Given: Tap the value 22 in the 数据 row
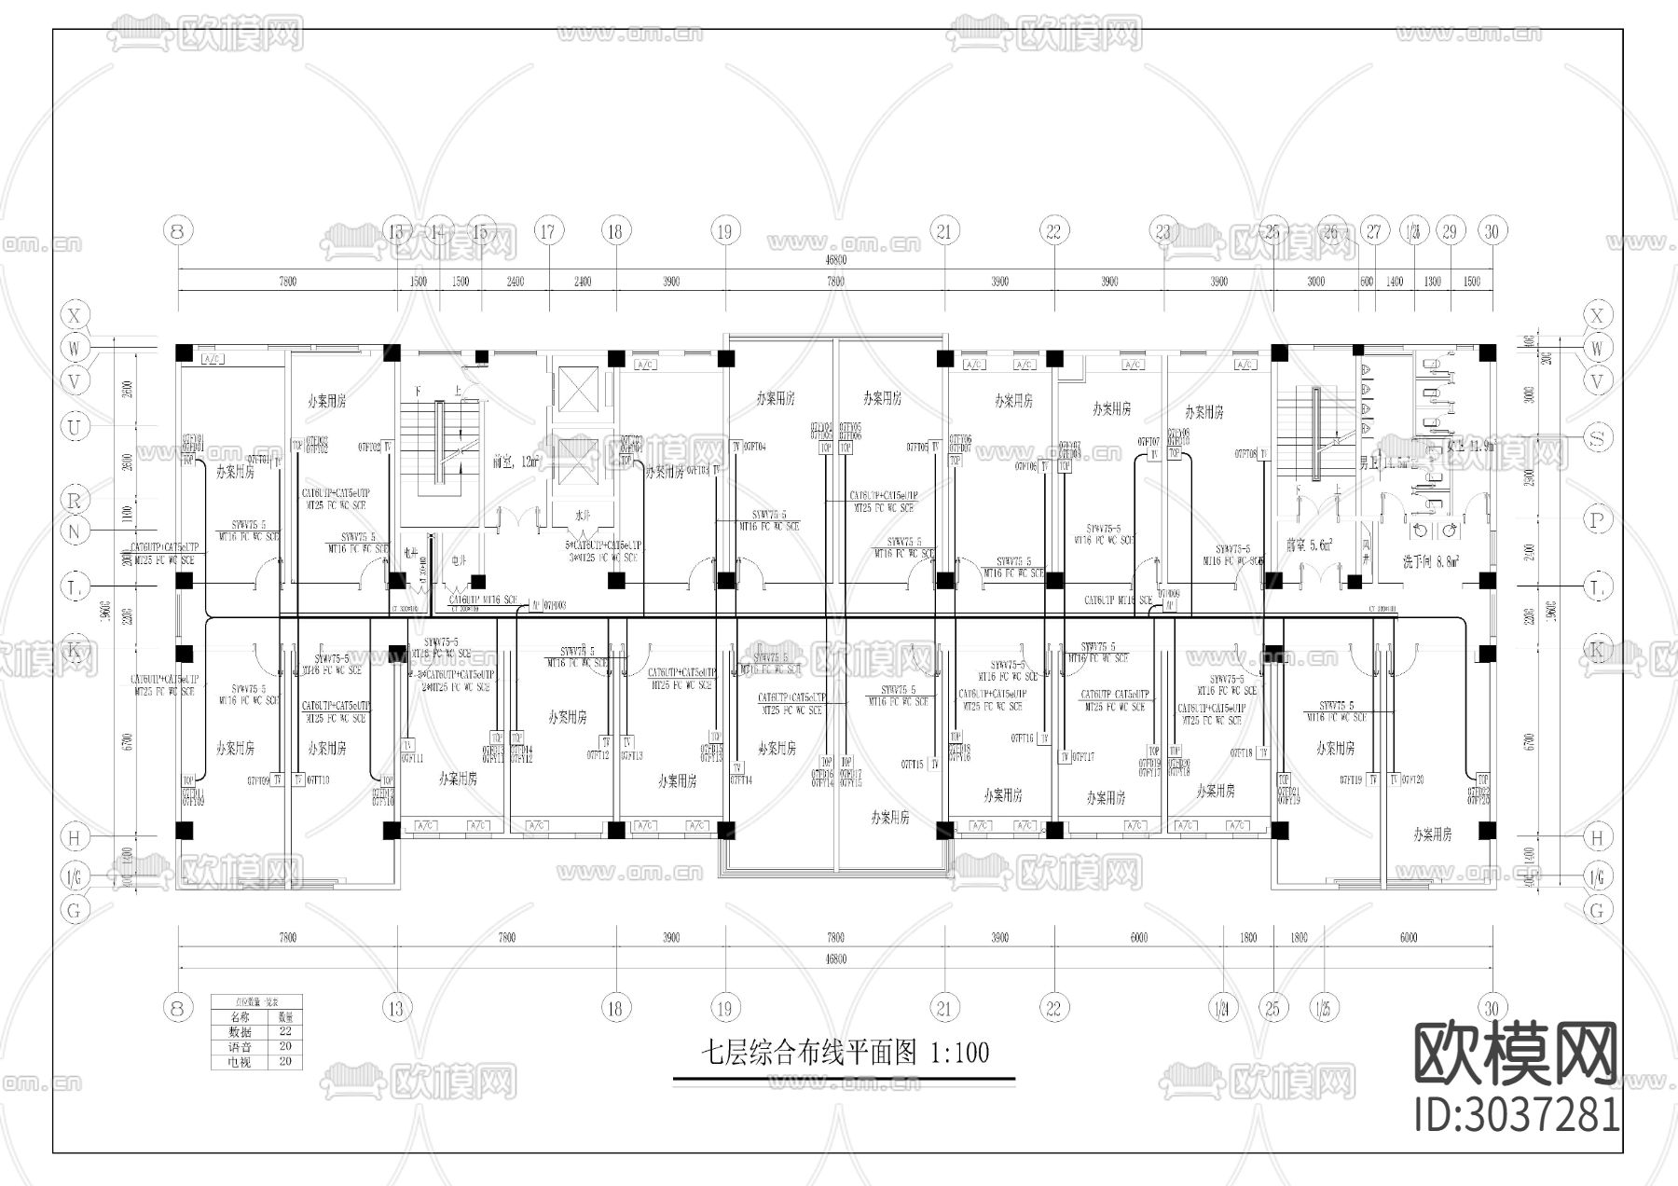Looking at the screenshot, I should point(285,1031).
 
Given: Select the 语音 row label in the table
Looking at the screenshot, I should point(240,1046).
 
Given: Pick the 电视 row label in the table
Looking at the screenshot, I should point(240,1061).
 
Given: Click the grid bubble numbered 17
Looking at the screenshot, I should point(549,231).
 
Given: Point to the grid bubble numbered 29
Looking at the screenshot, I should point(1449,231).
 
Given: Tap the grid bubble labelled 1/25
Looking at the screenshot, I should point(1321,1008).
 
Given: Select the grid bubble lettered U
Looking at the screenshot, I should point(75,427).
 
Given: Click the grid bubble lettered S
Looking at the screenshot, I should point(1598,436).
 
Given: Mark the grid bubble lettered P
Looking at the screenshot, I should point(1598,520).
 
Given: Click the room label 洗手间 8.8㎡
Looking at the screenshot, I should point(1430,561).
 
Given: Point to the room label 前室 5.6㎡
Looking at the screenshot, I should point(1309,545).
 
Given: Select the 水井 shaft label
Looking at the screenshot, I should point(584,515).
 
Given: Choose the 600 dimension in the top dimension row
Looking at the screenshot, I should point(1367,282).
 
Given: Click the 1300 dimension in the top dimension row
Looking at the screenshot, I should point(1432,282).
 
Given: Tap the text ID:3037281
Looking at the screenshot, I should point(1517,1115).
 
